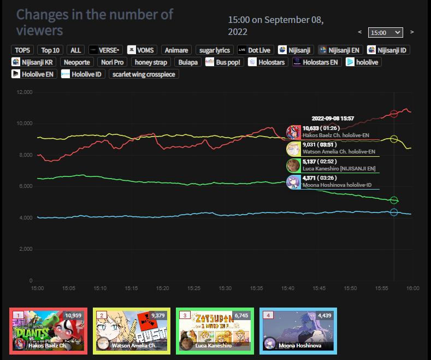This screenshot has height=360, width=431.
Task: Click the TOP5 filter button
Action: click(x=22, y=50)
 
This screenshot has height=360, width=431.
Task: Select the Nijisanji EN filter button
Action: click(x=340, y=50)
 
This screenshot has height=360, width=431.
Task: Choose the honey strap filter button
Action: click(x=151, y=62)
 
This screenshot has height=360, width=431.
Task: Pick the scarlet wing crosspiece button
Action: click(x=144, y=74)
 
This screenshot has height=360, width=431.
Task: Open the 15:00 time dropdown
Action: click(x=385, y=32)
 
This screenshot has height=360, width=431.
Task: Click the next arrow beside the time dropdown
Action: click(x=411, y=32)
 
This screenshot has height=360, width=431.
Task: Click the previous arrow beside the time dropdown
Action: click(x=359, y=32)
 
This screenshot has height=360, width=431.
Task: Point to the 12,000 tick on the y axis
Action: click(x=25, y=92)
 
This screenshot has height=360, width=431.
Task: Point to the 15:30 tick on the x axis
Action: click(x=225, y=288)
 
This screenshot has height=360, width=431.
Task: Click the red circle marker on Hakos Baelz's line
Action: click(x=394, y=114)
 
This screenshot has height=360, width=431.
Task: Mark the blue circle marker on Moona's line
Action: click(x=394, y=212)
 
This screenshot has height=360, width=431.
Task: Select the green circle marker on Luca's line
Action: click(x=394, y=200)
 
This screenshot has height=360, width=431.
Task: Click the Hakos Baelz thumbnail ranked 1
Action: click(x=49, y=331)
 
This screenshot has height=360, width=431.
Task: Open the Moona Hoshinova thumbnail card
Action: click(x=298, y=331)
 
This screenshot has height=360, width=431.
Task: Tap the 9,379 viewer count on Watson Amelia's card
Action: click(x=157, y=315)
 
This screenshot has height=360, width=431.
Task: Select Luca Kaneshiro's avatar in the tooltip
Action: click(x=293, y=166)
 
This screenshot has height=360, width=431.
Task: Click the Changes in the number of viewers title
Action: click(x=95, y=22)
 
